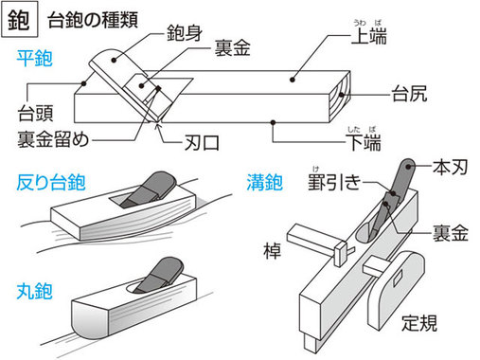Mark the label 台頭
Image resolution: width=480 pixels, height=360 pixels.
click(33, 116)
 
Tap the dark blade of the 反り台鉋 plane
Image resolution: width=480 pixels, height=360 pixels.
click(151, 189)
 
